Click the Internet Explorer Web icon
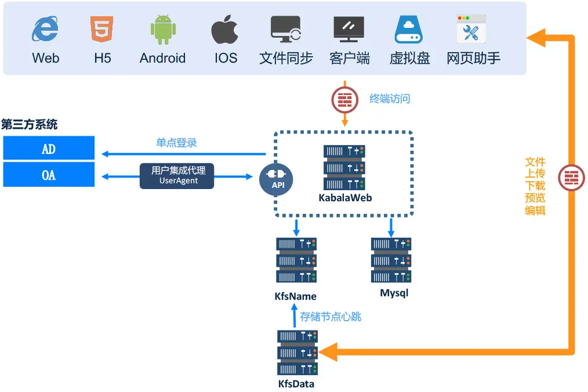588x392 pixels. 45,30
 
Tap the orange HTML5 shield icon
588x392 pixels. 102,30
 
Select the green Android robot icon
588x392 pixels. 162,30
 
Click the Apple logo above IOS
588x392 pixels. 224,30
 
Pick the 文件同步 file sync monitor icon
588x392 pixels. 286,30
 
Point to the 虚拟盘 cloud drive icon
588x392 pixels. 409,30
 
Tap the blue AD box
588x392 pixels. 49,148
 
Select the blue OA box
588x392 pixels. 49,175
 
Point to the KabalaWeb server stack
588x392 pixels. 344,168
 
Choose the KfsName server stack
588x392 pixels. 296,260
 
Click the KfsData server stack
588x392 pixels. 297,352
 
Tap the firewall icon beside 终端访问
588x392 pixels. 345,99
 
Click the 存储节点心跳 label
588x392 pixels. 331,317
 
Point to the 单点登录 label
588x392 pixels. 177,143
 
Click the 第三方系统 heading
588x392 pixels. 30,124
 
